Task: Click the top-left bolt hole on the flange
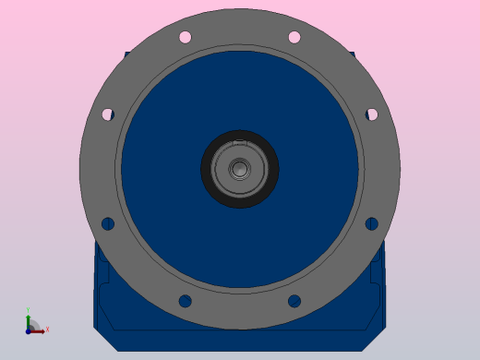point(185,37)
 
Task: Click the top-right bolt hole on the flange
point(294,37)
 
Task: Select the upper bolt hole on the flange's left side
point(107,114)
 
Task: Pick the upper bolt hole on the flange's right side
point(372,114)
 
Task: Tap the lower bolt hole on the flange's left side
point(107,223)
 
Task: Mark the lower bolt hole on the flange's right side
point(372,223)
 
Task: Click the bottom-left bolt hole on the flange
point(185,301)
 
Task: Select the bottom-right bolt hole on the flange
point(294,301)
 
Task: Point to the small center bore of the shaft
point(240,169)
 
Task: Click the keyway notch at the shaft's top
point(240,142)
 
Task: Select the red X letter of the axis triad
point(47,329)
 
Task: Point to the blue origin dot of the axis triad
point(29,330)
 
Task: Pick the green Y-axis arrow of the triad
point(29,320)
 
